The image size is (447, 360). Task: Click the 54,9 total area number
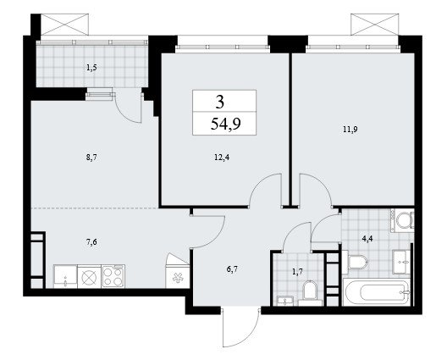point(226,124)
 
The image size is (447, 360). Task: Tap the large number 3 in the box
point(220,102)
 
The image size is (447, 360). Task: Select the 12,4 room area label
point(222,158)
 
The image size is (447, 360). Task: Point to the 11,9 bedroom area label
point(350,130)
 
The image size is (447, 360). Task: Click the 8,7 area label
point(91,158)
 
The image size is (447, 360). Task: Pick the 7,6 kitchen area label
point(91,242)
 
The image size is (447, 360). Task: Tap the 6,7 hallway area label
point(232,269)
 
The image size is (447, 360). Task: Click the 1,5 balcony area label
point(91,68)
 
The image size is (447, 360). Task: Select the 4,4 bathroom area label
point(367,239)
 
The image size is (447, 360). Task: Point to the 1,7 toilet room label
point(297,272)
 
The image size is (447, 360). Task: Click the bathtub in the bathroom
point(377,292)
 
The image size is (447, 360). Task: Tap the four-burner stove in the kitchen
point(113,276)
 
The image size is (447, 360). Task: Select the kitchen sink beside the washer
point(65,276)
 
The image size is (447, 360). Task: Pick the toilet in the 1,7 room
point(310,293)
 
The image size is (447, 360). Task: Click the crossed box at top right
point(374,25)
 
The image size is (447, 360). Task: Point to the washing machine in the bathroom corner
point(402,219)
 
